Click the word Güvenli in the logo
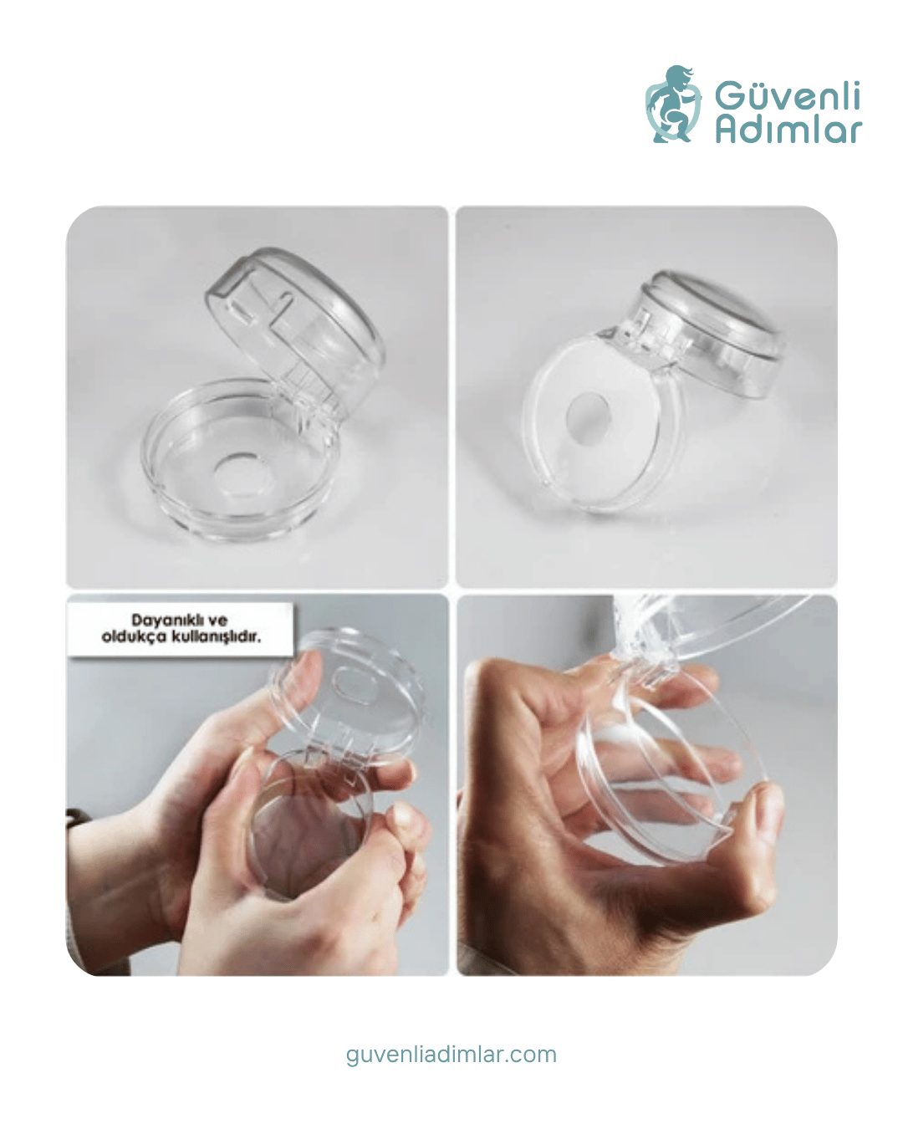pos(787,96)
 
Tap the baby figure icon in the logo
pos(673,104)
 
